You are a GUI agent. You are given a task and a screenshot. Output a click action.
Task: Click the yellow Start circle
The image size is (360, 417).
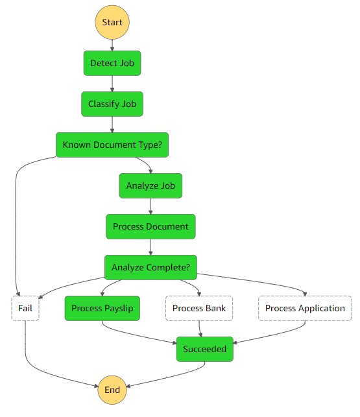(x=112, y=22)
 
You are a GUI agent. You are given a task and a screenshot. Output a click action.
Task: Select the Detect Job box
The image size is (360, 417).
(x=112, y=64)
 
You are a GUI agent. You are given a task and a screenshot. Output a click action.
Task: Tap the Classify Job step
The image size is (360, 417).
(x=112, y=104)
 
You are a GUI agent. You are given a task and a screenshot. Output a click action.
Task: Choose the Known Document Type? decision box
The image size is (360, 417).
(x=112, y=145)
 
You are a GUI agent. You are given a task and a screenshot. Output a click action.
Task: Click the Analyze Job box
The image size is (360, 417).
(x=150, y=185)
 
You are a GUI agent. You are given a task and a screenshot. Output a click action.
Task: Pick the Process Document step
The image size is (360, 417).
(x=150, y=226)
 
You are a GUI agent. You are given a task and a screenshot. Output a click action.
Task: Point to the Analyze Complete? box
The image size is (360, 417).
(x=150, y=267)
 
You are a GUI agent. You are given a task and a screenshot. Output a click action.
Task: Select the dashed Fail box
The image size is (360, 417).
(x=25, y=308)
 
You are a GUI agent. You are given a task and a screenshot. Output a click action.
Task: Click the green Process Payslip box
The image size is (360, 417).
(x=102, y=308)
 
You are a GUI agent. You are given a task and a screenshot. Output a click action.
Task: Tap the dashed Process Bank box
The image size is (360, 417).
(x=199, y=308)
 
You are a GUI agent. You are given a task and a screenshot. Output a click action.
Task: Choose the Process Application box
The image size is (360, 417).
(x=305, y=308)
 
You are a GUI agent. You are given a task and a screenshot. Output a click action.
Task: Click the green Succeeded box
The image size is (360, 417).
(x=204, y=349)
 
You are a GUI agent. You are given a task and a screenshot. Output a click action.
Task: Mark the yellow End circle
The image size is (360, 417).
(x=112, y=390)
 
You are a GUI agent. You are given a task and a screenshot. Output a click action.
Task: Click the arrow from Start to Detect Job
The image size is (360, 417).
(x=112, y=45)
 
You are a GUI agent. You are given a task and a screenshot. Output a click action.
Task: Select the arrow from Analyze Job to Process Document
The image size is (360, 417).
(x=150, y=206)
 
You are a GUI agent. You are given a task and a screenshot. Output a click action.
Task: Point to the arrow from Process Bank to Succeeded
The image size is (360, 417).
(x=200, y=329)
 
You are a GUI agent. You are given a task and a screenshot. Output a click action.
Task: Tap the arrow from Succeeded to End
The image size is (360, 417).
(x=176, y=375)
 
